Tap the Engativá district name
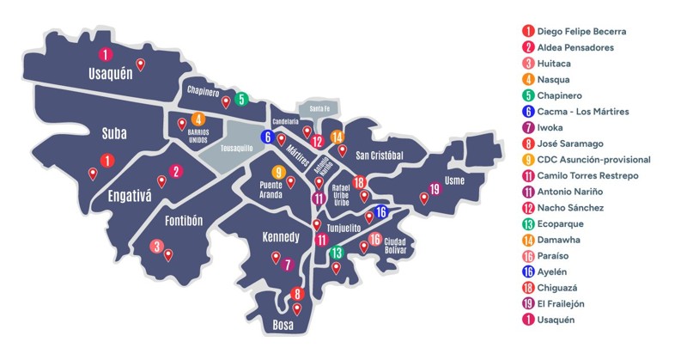[130, 195]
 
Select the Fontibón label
[182, 220]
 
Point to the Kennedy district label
[280, 236]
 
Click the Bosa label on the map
[283, 326]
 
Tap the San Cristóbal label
[380, 155]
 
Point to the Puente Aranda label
[277, 189]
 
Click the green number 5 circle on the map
[242, 99]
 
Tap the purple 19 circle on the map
[435, 189]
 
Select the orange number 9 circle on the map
[277, 171]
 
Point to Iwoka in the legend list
[550, 127]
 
